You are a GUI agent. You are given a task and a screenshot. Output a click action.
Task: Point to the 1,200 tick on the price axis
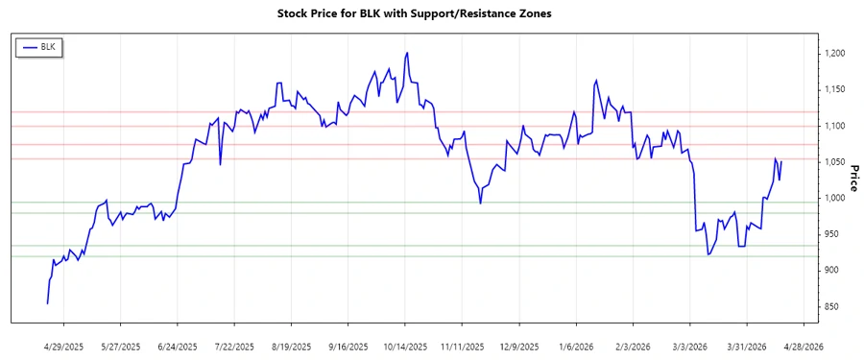(x=834, y=54)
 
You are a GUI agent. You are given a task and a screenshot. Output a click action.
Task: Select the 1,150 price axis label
(x=834, y=90)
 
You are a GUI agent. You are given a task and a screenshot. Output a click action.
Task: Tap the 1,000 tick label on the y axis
(x=834, y=199)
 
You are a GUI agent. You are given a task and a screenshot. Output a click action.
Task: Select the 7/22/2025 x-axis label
(x=234, y=347)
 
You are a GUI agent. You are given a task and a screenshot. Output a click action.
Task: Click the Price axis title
(x=853, y=177)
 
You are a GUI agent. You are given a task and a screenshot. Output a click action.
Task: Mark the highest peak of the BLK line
(x=407, y=53)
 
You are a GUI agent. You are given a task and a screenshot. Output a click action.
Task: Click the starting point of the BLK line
(x=47, y=303)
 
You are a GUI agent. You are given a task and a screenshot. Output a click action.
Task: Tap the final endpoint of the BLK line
(x=781, y=161)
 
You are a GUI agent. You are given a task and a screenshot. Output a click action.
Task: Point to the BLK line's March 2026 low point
(x=708, y=254)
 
